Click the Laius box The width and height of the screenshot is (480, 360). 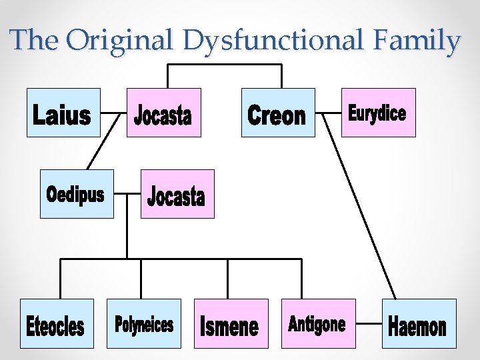pyautogui.click(x=63, y=113)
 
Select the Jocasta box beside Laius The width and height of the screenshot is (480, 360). pyautogui.click(x=163, y=113)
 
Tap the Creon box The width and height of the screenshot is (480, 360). pyautogui.click(x=277, y=113)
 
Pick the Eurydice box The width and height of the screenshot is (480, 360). pyautogui.click(x=378, y=113)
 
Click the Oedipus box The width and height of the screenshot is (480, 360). pyautogui.click(x=77, y=194)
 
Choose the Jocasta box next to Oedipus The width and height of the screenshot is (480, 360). pyautogui.click(x=177, y=194)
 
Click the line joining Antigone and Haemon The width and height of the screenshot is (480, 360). pyautogui.click(x=369, y=325)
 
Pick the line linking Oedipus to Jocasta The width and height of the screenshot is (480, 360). pyautogui.click(x=127, y=195)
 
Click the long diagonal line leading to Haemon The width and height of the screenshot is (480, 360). pyautogui.click(x=360, y=207)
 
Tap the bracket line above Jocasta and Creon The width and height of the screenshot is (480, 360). pyautogui.click(x=224, y=65)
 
